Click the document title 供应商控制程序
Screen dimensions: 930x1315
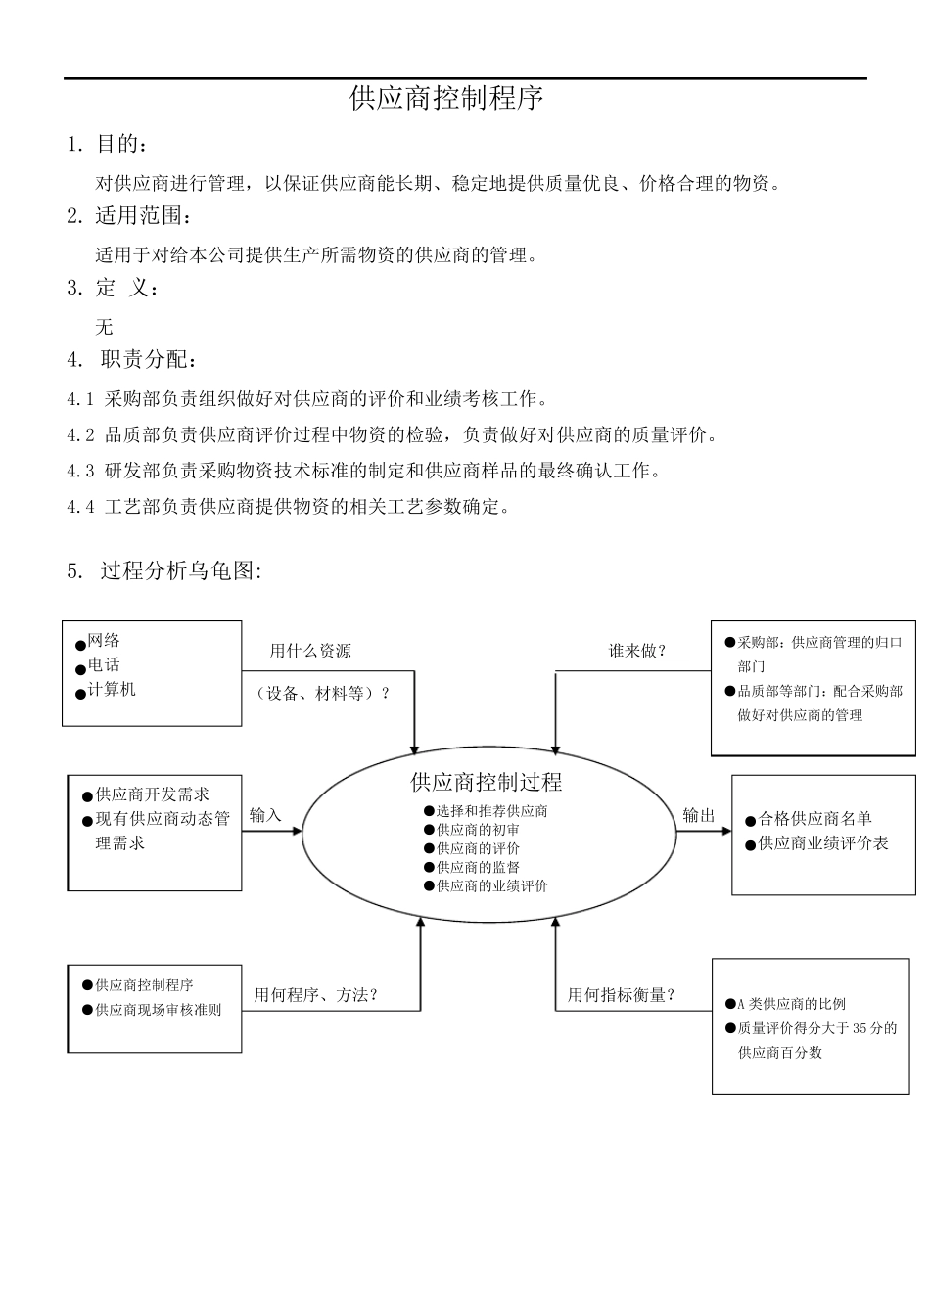[x=446, y=98]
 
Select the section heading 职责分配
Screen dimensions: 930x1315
[x=148, y=359]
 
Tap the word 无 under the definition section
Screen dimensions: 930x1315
[x=105, y=327]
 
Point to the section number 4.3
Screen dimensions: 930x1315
[x=80, y=471]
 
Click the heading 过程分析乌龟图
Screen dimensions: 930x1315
[x=180, y=570]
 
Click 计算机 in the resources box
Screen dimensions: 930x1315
[x=112, y=689]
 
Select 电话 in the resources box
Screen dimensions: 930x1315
[x=104, y=665]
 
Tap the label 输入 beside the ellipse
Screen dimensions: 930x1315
[x=265, y=815]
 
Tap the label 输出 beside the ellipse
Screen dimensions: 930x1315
[x=699, y=815]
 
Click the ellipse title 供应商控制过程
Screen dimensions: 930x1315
[x=487, y=782]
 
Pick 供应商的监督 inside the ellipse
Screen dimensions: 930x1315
[x=479, y=867]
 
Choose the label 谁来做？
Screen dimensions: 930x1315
[x=637, y=651]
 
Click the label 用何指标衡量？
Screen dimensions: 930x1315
[x=622, y=995]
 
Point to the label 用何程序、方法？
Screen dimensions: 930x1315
[x=316, y=995]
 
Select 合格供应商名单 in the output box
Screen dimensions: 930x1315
[x=814, y=819]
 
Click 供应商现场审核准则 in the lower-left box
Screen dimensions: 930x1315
[x=159, y=1010]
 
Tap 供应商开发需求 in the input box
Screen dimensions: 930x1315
[x=152, y=794]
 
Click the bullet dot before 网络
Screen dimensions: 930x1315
[x=80, y=645]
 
